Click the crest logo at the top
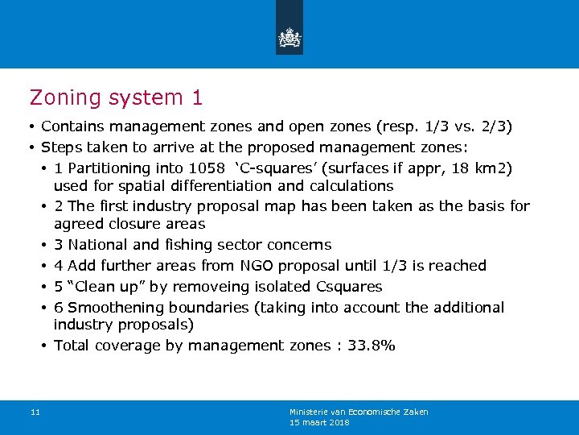pyautogui.click(x=289, y=37)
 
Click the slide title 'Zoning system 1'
pyautogui.click(x=116, y=97)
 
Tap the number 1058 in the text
pyautogui.click(x=205, y=168)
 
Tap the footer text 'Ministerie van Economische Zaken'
pyautogui.click(x=359, y=412)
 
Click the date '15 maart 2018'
pyautogui.click(x=319, y=422)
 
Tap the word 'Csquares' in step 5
pyautogui.click(x=351, y=287)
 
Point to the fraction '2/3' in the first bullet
pyautogui.click(x=491, y=126)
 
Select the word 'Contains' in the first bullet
pyautogui.click(x=73, y=126)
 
